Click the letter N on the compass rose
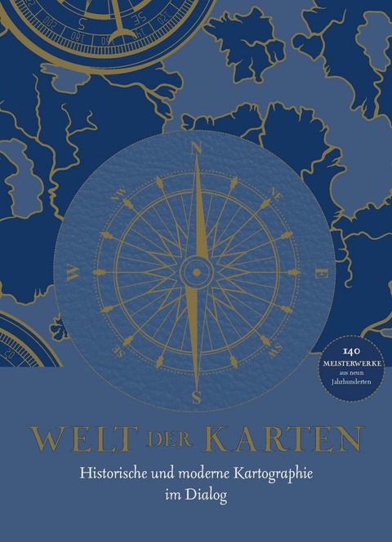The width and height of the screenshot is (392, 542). pos(196,148)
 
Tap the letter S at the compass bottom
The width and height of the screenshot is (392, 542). pos(196,398)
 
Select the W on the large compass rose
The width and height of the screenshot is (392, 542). pos(72,273)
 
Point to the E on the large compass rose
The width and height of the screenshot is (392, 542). pos(321,273)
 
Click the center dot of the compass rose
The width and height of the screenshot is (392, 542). pos(196,272)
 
